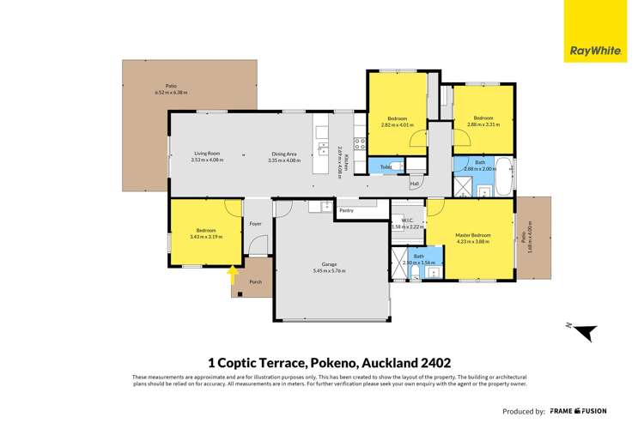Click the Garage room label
click(331, 264)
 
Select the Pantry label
click(346, 210)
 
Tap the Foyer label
click(255, 224)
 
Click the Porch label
click(255, 281)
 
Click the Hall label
click(414, 184)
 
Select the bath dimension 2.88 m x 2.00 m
click(481, 169)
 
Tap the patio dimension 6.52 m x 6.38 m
click(170, 92)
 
